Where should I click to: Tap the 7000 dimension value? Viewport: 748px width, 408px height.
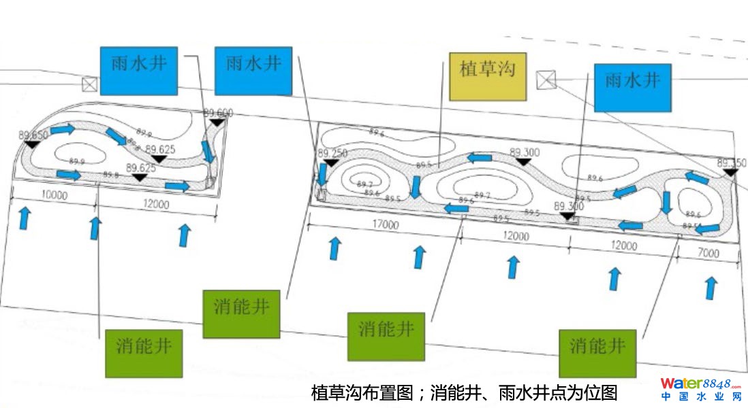coord(708,253)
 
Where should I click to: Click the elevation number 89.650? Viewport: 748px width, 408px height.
coord(34,135)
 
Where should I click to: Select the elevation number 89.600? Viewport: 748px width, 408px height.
coord(218,113)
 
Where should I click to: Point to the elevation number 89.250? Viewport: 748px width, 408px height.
coord(332,153)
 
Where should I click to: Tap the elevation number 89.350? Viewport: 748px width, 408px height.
coord(732,163)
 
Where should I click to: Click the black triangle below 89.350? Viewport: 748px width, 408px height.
coord(730,173)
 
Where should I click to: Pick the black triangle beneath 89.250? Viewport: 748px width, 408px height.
coord(330,163)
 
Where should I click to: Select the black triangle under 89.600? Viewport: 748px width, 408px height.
coord(217,122)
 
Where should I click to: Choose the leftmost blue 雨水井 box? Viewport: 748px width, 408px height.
coord(139,70)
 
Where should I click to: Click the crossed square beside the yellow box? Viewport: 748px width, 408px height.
coord(546,80)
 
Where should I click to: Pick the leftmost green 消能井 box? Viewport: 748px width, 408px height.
coord(144,353)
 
